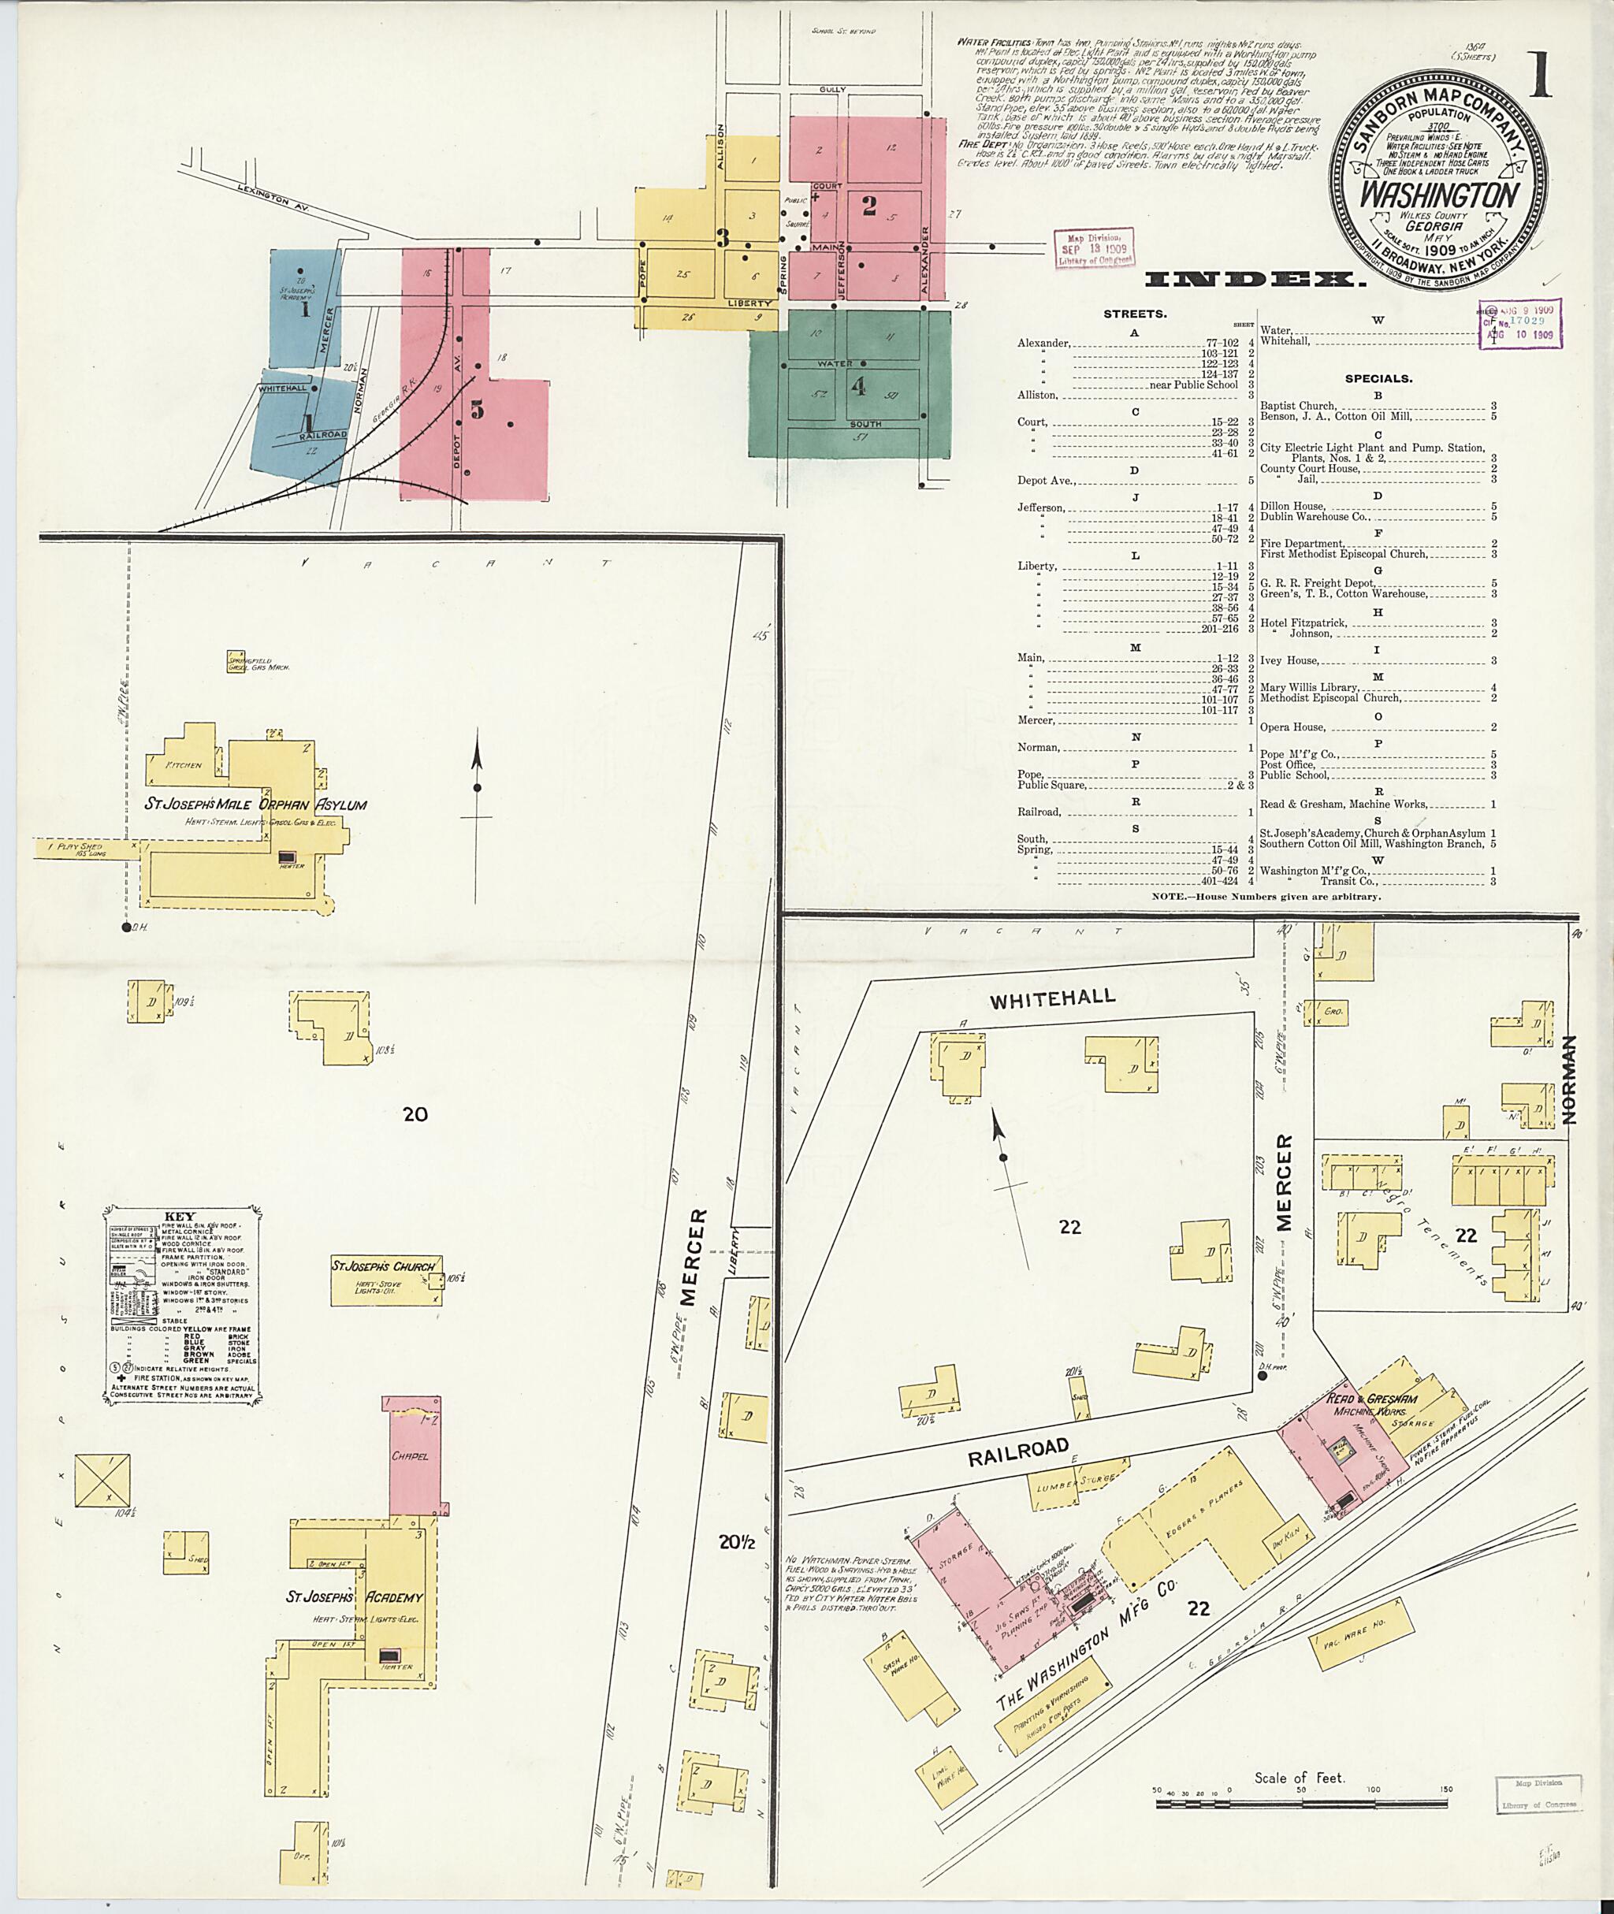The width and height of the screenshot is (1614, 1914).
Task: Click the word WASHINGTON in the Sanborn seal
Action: tap(1438, 195)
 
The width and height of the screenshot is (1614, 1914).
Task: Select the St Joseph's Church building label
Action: tap(382, 1266)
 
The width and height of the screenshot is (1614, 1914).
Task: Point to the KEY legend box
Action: tap(182, 1302)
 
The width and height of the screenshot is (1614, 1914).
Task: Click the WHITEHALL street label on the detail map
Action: tap(1051, 998)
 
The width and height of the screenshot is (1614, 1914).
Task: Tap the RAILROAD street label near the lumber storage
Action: tap(1018, 1451)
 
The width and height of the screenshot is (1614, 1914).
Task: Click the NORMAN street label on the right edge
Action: tap(1570, 1080)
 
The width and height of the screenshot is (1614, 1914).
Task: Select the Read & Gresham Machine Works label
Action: tap(1371, 1404)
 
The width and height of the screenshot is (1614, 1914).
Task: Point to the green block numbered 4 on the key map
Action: tap(857, 386)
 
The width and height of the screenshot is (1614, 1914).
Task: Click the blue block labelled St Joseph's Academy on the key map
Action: tap(305, 307)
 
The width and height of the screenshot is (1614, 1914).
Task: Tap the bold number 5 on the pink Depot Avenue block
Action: tap(477, 409)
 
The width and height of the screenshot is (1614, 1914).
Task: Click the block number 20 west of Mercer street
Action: tap(415, 1113)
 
